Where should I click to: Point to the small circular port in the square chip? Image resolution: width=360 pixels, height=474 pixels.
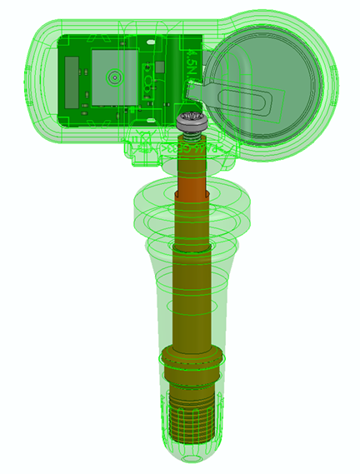click(x=114, y=77)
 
